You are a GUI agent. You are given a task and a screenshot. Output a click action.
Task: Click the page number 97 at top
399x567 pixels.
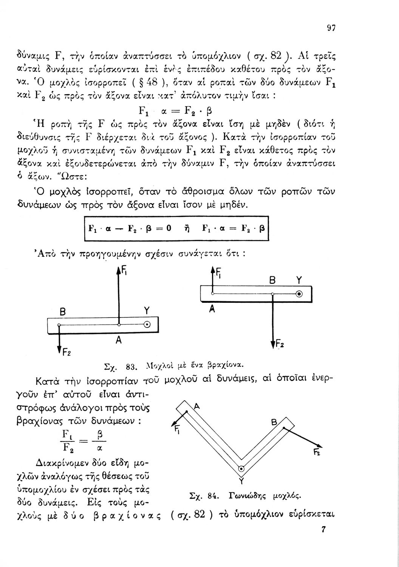pyautogui.click(x=331, y=28)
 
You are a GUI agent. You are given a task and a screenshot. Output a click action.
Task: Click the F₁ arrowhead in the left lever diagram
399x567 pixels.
pyautogui.click(x=119, y=269)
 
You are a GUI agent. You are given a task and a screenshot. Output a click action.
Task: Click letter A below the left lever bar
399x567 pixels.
pyautogui.click(x=118, y=341)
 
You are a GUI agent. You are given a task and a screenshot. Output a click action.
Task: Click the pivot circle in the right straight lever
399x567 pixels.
pyautogui.click(x=299, y=294)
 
